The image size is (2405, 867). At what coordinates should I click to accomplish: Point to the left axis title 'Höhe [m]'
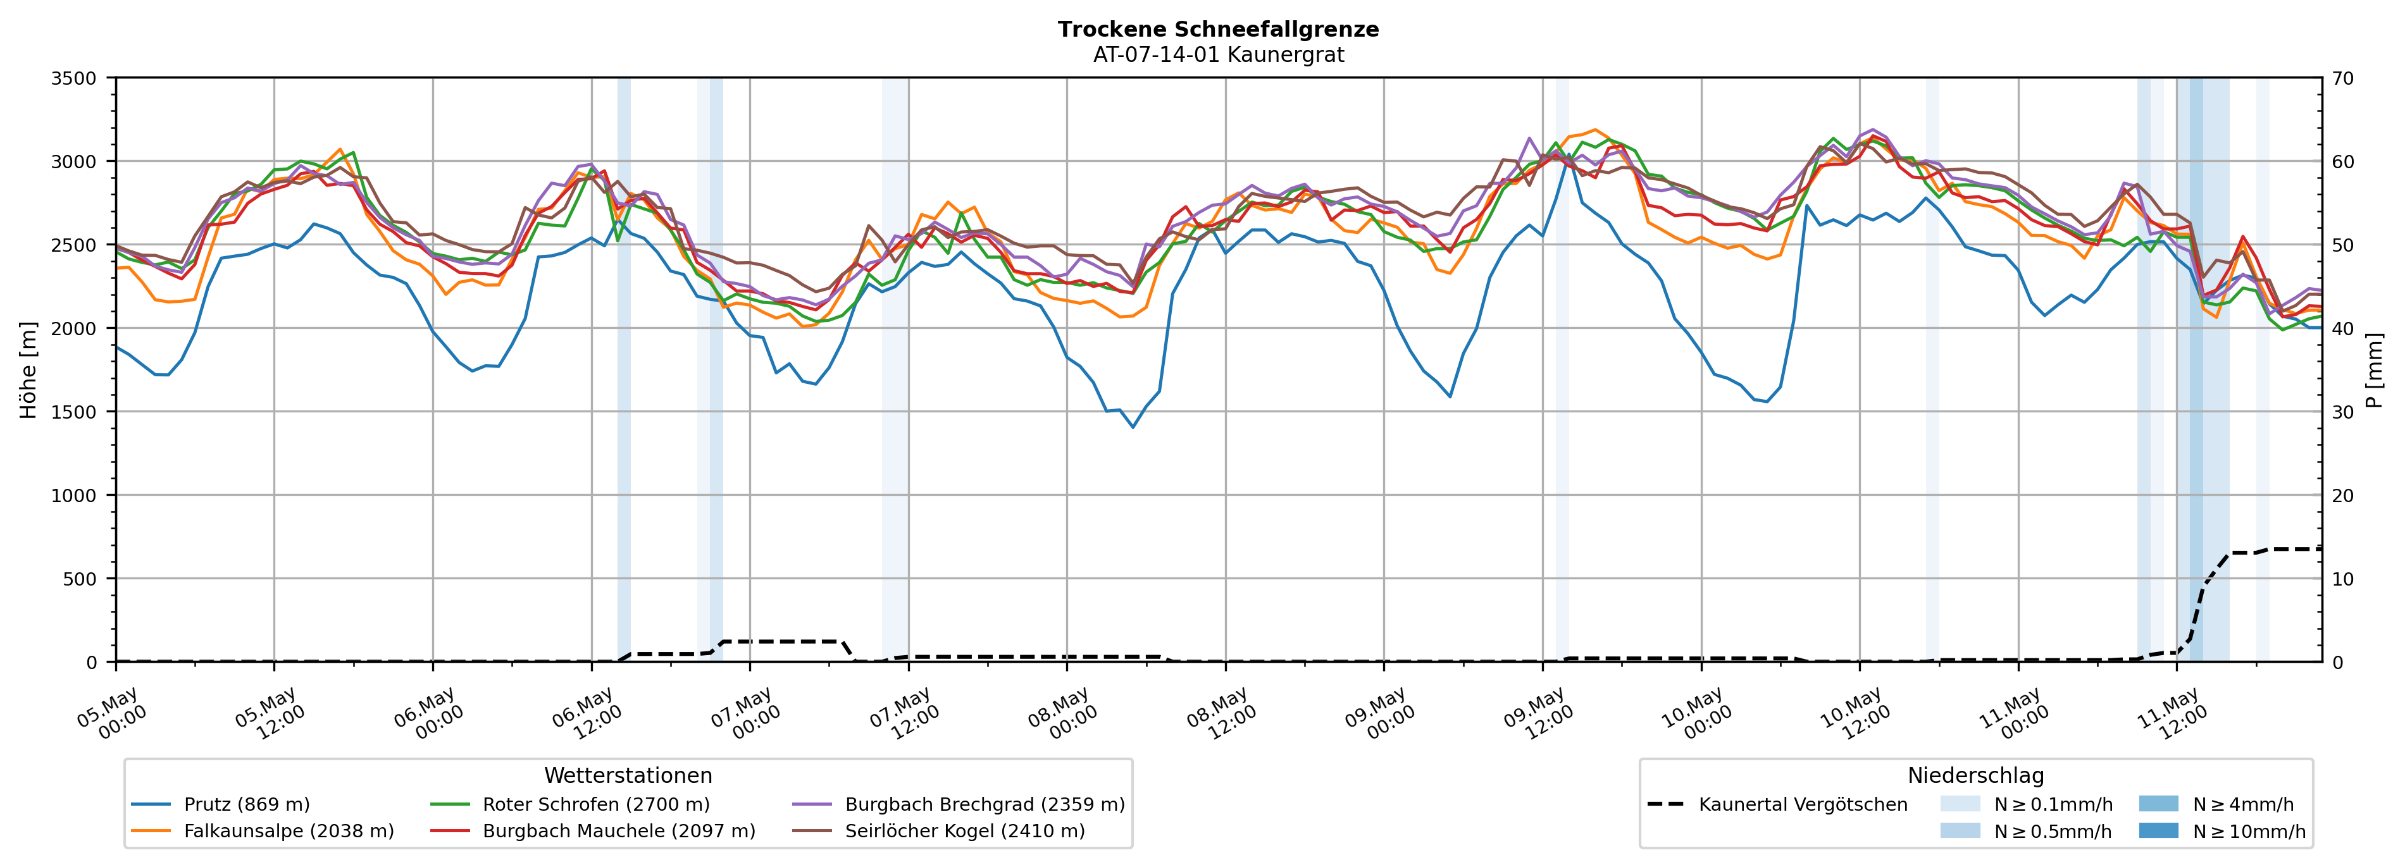29,369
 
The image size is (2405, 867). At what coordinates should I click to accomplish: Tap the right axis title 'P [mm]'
2374,369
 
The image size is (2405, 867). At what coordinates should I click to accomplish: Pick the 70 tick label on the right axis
2342,78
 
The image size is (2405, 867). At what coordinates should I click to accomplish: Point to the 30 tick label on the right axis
2342,412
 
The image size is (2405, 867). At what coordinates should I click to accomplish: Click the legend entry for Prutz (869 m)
220,804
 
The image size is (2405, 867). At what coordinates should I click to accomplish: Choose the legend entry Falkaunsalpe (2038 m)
263,830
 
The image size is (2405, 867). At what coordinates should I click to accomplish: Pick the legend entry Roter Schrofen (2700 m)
569,804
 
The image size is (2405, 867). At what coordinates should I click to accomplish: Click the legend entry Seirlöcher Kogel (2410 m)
938,830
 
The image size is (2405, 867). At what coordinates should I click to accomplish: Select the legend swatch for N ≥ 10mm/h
2158,830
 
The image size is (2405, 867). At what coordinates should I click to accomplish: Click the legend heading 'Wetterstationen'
628,775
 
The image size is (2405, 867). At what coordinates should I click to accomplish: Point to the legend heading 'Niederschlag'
1975,775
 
